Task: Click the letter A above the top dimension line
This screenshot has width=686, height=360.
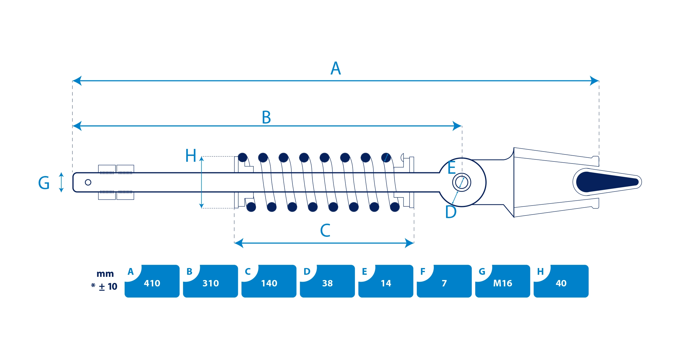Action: point(336,68)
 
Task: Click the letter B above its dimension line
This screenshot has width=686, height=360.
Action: point(266,117)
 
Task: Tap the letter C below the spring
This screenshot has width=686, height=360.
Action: point(325,230)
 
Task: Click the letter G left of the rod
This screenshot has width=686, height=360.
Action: point(44,183)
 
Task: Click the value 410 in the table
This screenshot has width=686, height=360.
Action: point(152,283)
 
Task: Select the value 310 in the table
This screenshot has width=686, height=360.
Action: point(210,283)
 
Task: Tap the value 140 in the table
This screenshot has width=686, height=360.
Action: point(269,283)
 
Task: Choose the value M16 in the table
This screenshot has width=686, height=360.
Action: point(503,283)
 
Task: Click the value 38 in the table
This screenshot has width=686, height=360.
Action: point(328,283)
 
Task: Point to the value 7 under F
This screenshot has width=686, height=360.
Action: point(444,283)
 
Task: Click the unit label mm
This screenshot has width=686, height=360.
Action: point(105,274)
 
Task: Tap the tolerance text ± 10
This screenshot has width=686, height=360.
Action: point(108,286)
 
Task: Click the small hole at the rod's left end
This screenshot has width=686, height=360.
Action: point(88,182)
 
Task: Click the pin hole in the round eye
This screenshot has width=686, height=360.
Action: point(462,182)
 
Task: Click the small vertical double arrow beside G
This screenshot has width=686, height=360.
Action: point(61,182)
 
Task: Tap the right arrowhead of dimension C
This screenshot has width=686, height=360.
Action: point(410,243)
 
